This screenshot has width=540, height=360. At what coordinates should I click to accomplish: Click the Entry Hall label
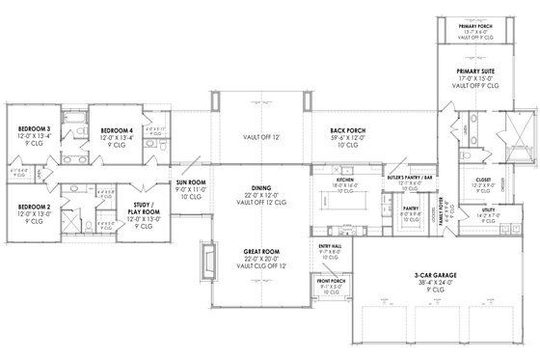[x=330, y=247]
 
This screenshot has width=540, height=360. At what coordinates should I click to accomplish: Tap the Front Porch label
[x=328, y=282]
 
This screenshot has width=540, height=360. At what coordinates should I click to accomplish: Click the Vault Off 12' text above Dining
[x=262, y=137]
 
